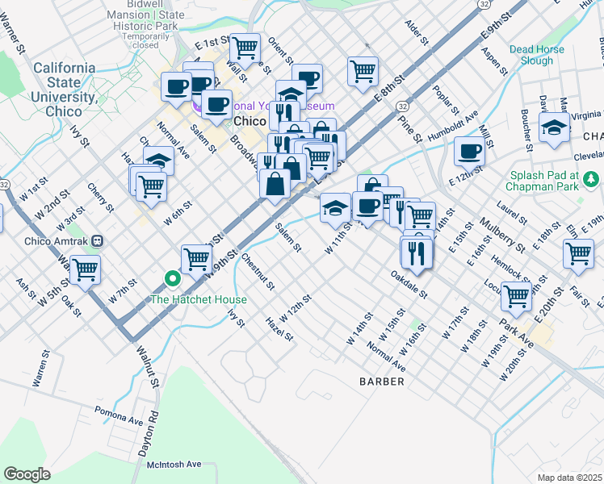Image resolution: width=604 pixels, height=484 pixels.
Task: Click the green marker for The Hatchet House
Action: [172, 280]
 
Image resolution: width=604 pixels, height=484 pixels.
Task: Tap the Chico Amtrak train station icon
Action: [98, 240]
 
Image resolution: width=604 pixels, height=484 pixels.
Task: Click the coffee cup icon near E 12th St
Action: [469, 150]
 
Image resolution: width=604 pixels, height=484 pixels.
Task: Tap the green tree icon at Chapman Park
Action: [591, 177]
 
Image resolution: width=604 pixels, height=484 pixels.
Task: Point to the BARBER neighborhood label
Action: [382, 381]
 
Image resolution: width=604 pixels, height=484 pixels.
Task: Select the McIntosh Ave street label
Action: [174, 464]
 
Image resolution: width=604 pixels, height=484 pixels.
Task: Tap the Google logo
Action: [27, 474]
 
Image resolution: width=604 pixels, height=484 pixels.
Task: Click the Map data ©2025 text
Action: [569, 478]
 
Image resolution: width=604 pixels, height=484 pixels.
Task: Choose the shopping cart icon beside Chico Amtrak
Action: [85, 269]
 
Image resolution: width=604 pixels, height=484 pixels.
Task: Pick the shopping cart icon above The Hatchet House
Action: [196, 258]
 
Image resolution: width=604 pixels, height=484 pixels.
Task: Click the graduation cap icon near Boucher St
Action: [555, 127]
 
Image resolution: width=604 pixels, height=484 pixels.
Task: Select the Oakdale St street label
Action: [408, 283]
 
